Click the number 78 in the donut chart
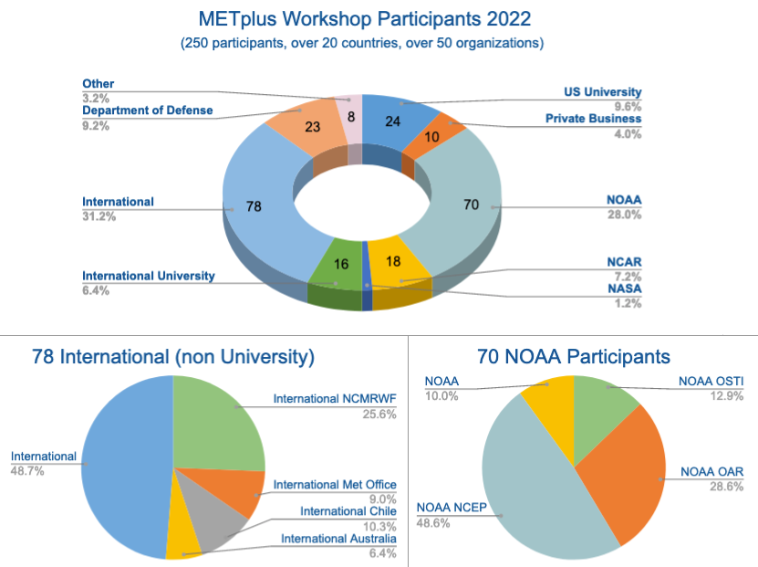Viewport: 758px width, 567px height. tap(254, 206)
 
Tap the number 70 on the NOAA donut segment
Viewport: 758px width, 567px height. tap(471, 205)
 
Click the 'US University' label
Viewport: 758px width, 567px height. tap(602, 91)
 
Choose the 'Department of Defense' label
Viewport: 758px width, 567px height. tap(147, 110)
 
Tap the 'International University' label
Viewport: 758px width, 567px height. tap(149, 276)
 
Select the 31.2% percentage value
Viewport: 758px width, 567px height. tap(96, 216)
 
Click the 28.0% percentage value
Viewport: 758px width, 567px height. tap(626, 215)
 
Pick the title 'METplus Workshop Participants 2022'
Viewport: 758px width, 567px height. tap(362, 18)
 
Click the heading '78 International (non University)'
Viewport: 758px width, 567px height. tap(172, 357)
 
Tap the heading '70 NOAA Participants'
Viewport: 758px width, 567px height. tap(573, 357)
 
